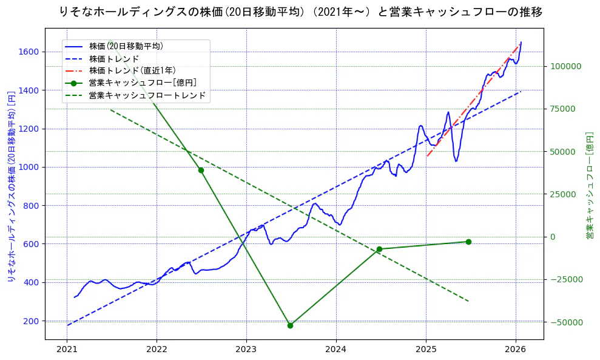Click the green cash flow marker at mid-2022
coord(201,170)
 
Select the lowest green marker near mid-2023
coord(290,325)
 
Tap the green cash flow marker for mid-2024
coord(379,249)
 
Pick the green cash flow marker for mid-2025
coord(468,242)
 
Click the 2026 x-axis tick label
coord(516,350)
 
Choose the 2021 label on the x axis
coord(67,350)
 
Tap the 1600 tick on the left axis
coord(30,52)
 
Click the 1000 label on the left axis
coord(30,168)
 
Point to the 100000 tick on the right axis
coord(565,66)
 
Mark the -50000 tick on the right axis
coord(565,322)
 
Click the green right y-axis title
coord(589,185)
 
